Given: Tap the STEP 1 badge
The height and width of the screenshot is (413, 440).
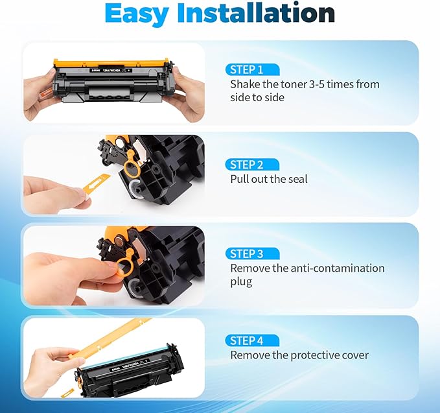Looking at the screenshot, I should tap(252, 69).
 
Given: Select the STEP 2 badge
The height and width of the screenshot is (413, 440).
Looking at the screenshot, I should tap(252, 164).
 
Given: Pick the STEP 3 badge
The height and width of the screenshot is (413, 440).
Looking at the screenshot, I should tap(252, 254).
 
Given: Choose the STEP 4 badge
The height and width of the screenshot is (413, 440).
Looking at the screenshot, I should tap(252, 340).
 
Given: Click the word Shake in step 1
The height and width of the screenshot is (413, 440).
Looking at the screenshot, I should tap(245, 84).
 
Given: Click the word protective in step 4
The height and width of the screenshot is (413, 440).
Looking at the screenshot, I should tap(307, 355).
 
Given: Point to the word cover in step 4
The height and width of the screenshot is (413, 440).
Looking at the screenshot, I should tap(355, 355).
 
